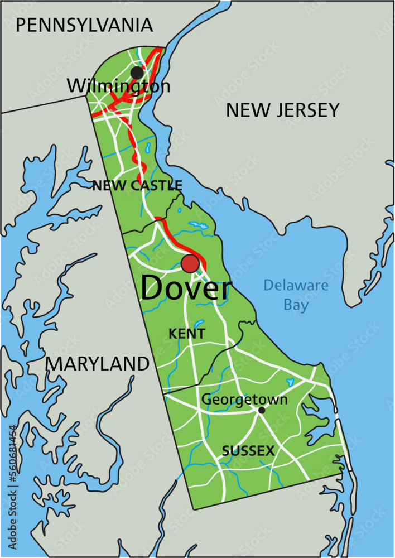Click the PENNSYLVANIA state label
84,25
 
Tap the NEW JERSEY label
282,110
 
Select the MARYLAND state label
97,364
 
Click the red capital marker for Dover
190,264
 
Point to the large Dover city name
185,289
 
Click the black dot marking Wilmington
137,73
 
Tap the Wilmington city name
118,86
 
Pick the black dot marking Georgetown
261,410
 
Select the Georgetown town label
244,400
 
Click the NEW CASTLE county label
137,185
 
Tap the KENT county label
187,334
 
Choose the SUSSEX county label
248,451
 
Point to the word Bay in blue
296,305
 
